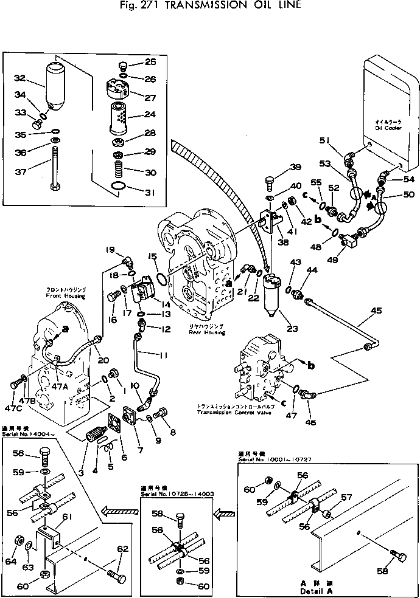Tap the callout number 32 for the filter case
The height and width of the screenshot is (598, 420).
[x=19, y=78]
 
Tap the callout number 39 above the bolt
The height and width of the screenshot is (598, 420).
[x=295, y=168]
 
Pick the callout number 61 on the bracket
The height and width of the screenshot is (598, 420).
[x=67, y=516]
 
